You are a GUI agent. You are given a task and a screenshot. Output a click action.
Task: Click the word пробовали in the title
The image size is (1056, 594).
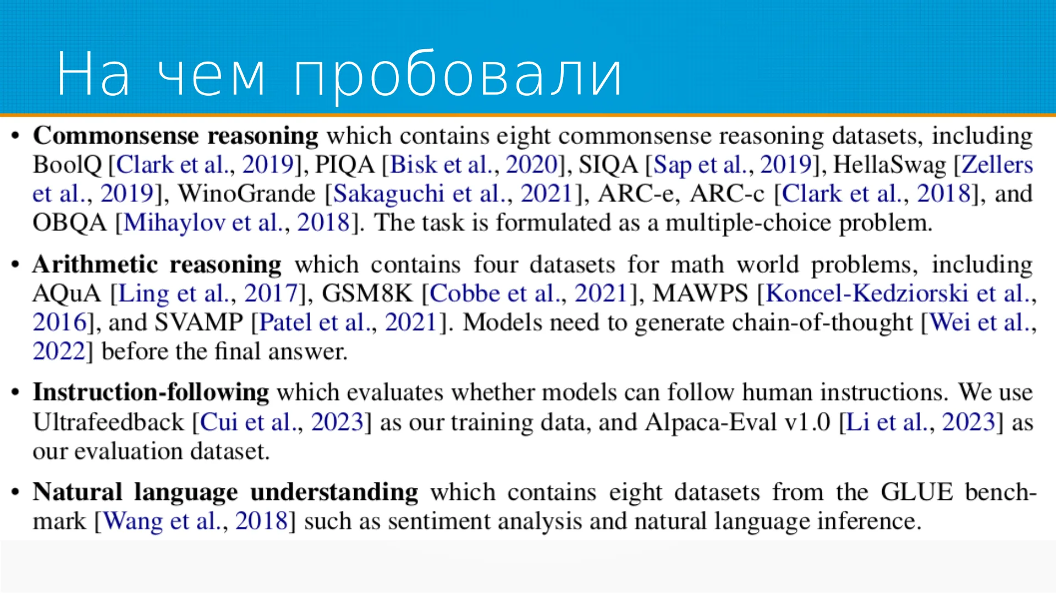(458, 74)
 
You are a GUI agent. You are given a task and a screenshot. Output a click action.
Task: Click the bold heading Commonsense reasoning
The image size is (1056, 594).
(175, 136)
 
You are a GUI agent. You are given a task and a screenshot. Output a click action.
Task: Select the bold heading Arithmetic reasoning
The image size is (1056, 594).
(157, 265)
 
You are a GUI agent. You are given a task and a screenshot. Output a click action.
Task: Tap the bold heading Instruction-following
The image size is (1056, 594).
(151, 392)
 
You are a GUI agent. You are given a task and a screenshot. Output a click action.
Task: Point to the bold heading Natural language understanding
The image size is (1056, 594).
(226, 492)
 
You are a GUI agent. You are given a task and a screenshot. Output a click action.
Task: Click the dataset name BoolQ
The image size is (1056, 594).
(67, 165)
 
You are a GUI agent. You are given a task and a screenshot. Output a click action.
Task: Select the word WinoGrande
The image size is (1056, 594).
(246, 194)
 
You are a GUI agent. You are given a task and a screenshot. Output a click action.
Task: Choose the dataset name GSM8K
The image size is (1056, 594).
(367, 293)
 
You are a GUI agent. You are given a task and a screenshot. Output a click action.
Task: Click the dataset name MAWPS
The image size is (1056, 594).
(700, 293)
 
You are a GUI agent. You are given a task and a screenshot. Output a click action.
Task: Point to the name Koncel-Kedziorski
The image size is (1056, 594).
(867, 293)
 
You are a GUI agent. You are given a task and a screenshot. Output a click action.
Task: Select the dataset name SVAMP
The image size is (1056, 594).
(199, 322)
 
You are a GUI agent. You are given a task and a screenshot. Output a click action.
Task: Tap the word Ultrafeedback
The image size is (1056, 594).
(108, 422)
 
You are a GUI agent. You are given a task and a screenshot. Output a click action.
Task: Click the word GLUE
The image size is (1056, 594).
(916, 492)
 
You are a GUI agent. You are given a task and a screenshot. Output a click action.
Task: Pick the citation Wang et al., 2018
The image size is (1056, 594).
(195, 521)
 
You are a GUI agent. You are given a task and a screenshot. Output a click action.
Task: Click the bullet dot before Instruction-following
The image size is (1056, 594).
(15, 393)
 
